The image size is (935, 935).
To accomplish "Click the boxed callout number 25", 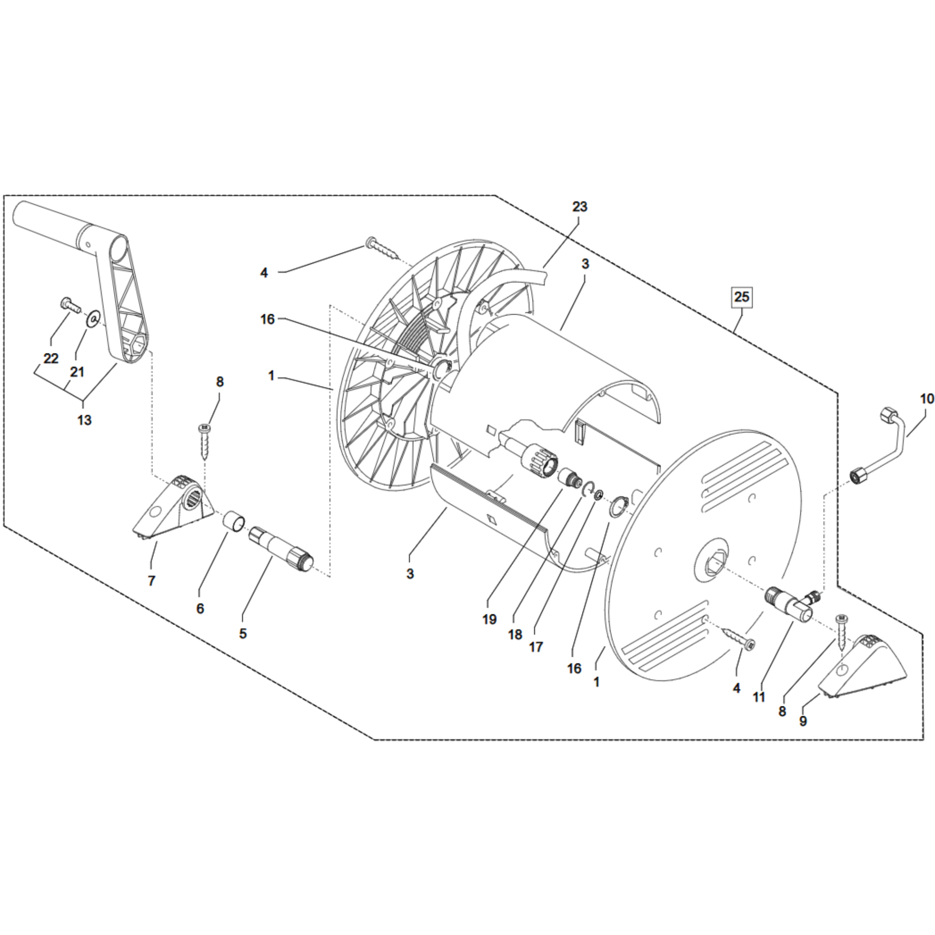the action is (741, 297).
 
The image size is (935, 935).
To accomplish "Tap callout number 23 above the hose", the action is (580, 207).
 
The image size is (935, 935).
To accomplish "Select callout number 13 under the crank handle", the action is (84, 420).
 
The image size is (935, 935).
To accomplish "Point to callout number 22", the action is (51, 359).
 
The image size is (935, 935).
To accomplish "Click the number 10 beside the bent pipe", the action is (927, 399).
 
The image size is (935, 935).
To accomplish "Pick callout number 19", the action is (489, 619).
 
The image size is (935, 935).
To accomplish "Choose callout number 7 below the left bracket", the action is (151, 581).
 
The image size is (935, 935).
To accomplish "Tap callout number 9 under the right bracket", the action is (803, 721).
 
